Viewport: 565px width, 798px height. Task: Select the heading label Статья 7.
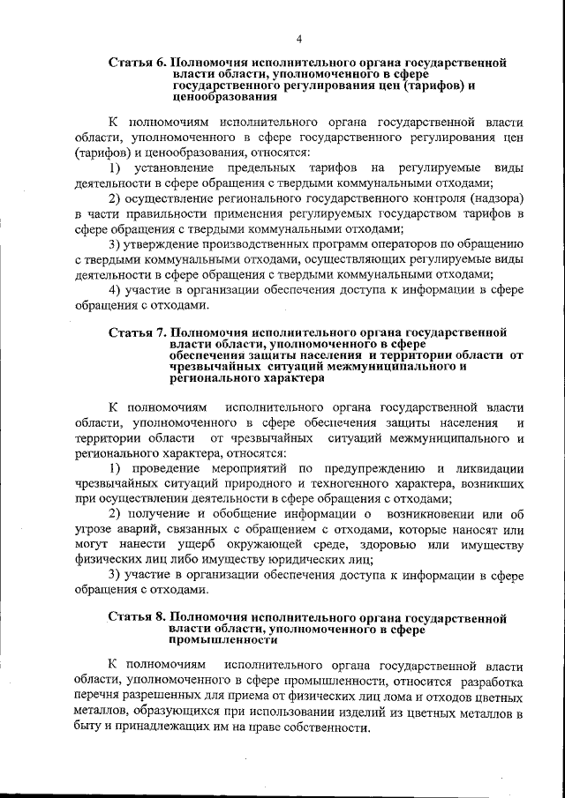click(137, 332)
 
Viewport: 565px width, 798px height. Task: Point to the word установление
click(172, 168)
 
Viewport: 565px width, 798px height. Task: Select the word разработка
click(489, 682)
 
